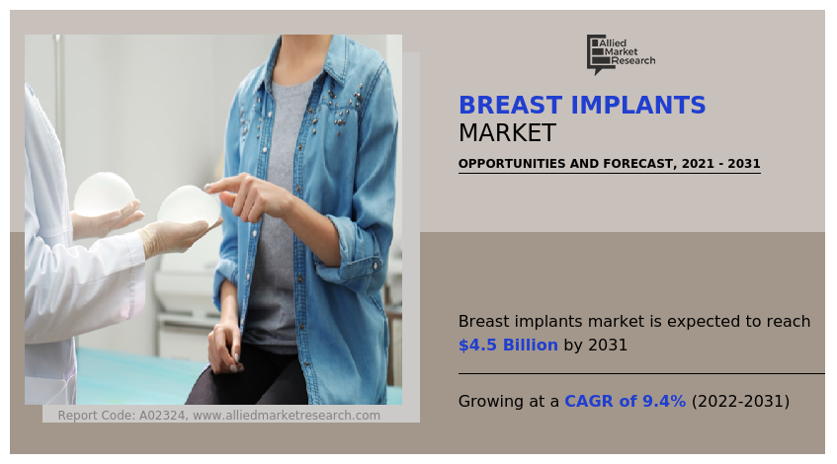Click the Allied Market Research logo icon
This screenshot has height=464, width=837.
point(597,54)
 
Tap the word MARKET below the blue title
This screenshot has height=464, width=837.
point(507,133)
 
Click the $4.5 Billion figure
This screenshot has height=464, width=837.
point(508,346)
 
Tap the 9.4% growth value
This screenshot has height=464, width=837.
point(664,402)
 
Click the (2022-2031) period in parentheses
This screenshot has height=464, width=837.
point(740,402)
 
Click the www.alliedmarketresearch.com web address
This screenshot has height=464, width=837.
point(287,416)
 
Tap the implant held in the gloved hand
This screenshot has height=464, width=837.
point(188,205)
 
